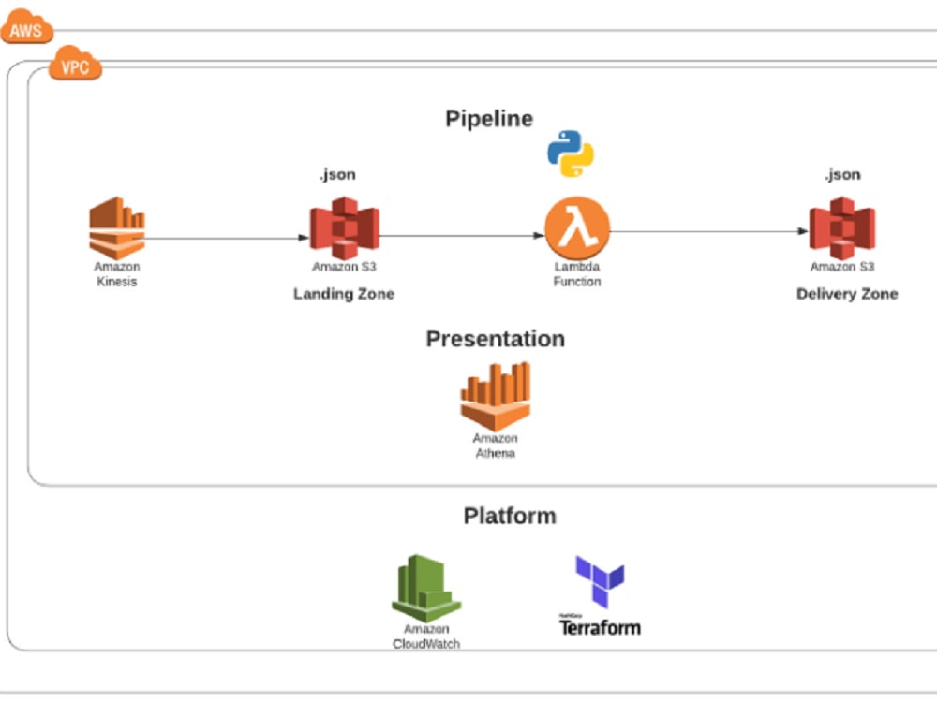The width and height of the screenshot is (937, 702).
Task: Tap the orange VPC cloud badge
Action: point(75,65)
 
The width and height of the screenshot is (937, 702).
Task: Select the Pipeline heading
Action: point(488,119)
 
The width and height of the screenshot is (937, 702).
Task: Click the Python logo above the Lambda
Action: point(571,154)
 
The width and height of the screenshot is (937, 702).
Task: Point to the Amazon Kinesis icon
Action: point(117,227)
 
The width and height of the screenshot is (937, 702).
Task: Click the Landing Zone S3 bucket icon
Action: point(344,227)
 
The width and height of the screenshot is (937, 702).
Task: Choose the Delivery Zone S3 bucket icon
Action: point(841,227)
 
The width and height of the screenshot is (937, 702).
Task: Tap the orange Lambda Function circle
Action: point(577,229)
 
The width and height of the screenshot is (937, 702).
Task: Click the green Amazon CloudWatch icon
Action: point(426,588)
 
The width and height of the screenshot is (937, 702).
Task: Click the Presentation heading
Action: point(495,339)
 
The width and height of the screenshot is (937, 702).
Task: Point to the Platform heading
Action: point(509,516)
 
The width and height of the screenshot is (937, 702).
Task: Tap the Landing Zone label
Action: point(344,294)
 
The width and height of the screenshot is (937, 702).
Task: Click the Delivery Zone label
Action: point(846,294)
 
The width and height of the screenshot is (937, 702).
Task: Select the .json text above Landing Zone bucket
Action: point(337,174)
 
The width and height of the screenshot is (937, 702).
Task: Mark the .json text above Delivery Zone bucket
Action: point(841,174)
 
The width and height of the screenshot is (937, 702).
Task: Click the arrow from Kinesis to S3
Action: point(225,238)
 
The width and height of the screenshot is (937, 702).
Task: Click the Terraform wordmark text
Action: point(600,627)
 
